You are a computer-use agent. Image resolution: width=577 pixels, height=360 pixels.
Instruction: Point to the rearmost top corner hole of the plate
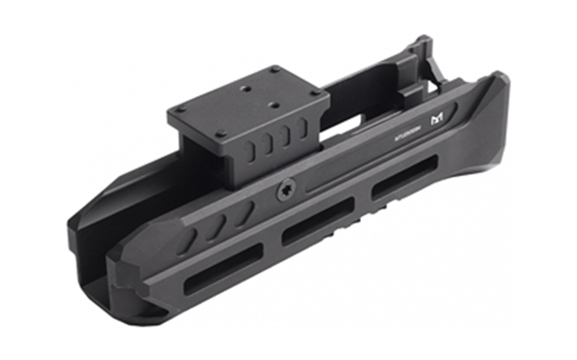(x=274, y=71)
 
